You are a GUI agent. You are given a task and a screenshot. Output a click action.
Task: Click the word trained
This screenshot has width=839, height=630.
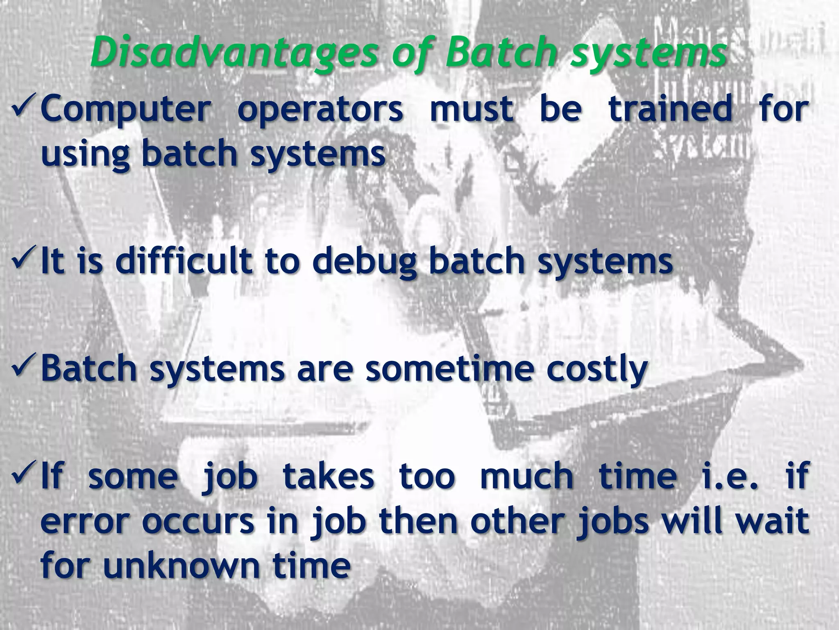(670, 109)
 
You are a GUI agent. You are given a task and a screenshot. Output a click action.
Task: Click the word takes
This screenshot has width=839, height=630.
(329, 476)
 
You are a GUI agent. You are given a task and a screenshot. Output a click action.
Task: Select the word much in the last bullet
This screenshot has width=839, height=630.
(527, 476)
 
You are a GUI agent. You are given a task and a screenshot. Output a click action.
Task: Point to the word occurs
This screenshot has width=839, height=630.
(198, 522)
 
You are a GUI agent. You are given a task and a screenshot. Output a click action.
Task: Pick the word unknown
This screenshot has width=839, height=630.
(181, 566)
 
